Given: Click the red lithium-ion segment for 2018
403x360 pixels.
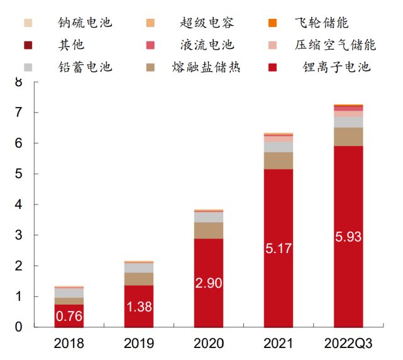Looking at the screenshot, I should click(x=69, y=315).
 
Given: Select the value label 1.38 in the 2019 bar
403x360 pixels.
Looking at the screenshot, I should click(x=139, y=308).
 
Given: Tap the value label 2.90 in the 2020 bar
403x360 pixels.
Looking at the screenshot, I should click(x=209, y=283).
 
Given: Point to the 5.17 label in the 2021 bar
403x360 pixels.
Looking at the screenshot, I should click(x=279, y=249).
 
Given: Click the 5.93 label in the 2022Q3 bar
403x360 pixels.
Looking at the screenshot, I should click(x=348, y=237).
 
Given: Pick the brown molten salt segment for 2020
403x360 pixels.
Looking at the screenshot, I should click(x=209, y=230).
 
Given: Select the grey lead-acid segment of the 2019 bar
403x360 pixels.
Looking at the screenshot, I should click(x=139, y=267).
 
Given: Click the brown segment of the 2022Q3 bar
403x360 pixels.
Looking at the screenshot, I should click(x=348, y=137).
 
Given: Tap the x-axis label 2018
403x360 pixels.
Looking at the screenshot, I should click(x=69, y=344).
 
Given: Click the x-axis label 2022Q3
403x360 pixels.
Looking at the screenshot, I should click(x=348, y=344).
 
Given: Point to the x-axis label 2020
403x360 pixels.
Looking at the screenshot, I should click(x=209, y=344).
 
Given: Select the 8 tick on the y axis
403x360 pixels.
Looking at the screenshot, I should click(x=18, y=82).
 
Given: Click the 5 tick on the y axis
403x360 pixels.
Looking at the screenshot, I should click(x=18, y=174).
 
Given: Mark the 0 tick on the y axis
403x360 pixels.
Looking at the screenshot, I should click(x=18, y=327).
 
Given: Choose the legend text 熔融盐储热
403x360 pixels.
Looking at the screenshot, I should click(x=206, y=66).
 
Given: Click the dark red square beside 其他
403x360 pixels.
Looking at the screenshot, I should click(x=29, y=45).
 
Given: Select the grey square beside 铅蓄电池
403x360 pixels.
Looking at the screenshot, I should click(x=29, y=66).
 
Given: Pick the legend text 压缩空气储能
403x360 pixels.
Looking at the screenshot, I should click(x=336, y=45).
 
